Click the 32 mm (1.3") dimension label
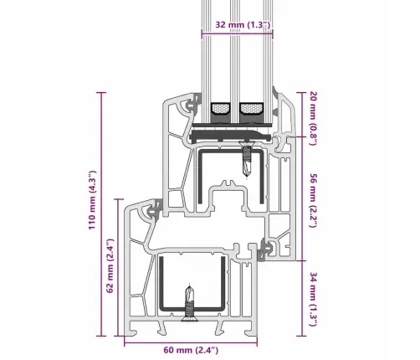pyautogui.click(x=243, y=24)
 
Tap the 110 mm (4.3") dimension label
pyautogui.click(x=92, y=200)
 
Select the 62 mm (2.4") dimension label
pyautogui.click(x=110, y=265)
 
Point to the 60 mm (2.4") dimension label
pyautogui.click(x=191, y=350)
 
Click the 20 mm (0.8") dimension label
pyautogui.click(x=314, y=118)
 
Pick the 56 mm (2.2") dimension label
pyautogui.click(x=314, y=201)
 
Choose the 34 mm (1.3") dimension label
pyautogui.click(x=314, y=299)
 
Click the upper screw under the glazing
pyautogui.click(x=247, y=158)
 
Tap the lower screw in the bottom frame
pyautogui.click(x=190, y=303)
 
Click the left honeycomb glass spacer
pyautogui.click(x=220, y=108)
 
